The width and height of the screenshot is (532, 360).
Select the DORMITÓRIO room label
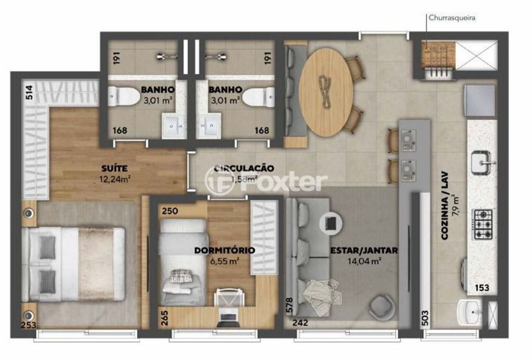click(224, 250)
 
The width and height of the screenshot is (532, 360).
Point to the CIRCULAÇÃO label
click(244, 168)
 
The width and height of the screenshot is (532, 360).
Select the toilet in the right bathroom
click(258, 97)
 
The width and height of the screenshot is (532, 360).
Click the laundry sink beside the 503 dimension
click(469, 311)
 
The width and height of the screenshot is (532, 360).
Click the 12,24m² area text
click(114, 178)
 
